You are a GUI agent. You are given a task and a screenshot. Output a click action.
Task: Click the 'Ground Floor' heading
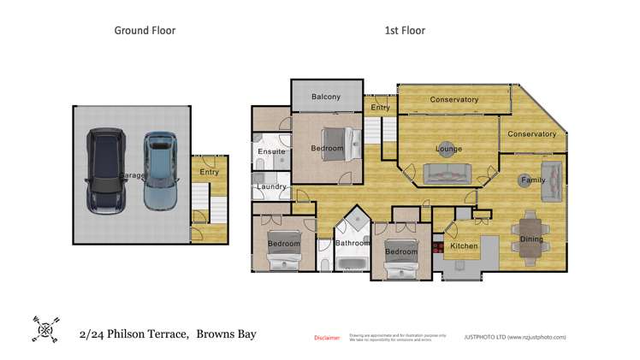pyautogui.click(x=145, y=31)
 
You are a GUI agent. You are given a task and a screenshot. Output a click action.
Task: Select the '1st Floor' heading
pyautogui.click(x=405, y=31)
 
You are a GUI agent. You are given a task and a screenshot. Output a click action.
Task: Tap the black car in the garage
pyautogui.click(x=104, y=171)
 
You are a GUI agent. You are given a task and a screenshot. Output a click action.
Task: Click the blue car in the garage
pyautogui.click(x=159, y=171)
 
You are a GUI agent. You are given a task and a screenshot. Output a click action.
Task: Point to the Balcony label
pyautogui.click(x=326, y=97)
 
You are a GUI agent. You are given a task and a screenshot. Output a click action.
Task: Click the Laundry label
pyautogui.click(x=270, y=186)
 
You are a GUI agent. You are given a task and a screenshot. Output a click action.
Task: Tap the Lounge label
pyautogui.click(x=448, y=149)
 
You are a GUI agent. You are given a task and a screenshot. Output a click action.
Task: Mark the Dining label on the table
pyautogui.click(x=531, y=239)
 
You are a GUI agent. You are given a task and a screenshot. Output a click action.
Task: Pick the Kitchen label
pyautogui.click(x=464, y=246)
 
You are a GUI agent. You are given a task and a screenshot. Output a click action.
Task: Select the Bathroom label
pyautogui.click(x=352, y=243)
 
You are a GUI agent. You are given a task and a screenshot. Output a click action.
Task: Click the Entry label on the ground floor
pyautogui.click(x=209, y=172)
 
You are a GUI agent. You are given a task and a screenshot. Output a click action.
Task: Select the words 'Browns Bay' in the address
pyautogui.click(x=226, y=333)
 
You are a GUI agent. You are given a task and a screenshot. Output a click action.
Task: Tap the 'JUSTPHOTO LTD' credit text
pyautogui.click(x=483, y=338)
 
